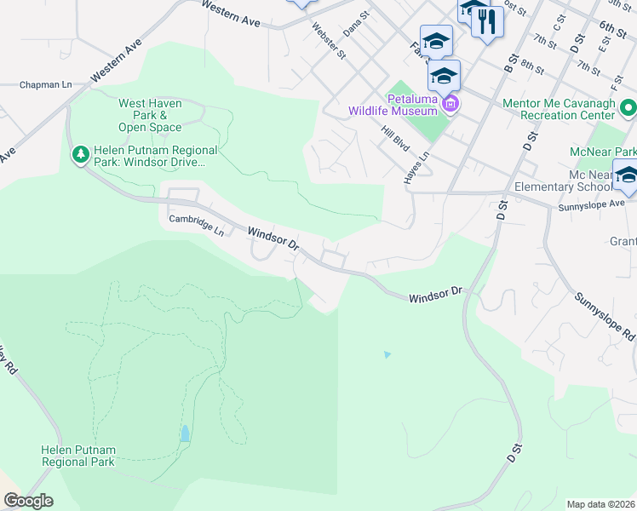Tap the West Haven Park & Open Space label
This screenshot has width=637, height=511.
tap(150, 115)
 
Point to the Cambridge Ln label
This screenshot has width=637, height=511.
tap(196, 225)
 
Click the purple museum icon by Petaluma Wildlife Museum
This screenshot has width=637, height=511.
tap(450, 106)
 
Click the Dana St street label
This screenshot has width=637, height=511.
tap(356, 23)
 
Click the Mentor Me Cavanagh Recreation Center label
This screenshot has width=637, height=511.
tap(559, 108)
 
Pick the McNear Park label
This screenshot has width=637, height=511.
tap(603, 152)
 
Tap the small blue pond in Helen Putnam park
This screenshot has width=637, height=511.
tap(185, 433)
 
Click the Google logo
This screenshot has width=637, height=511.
tap(28, 501)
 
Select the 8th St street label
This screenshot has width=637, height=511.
tap(532, 65)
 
